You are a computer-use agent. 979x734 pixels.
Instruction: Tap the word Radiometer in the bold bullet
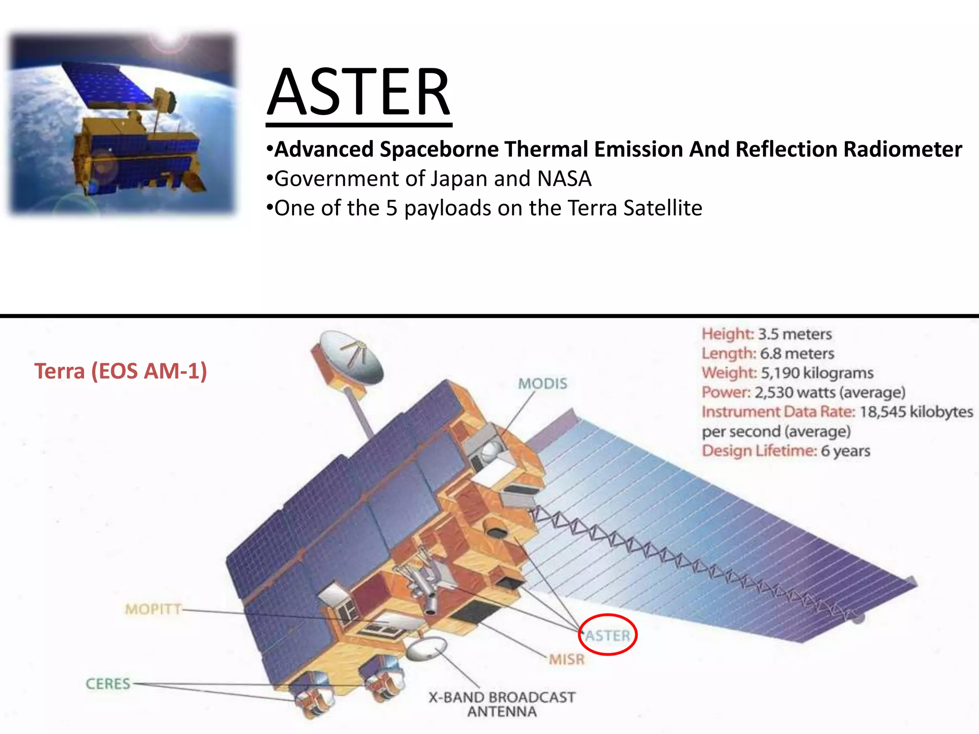[x=902, y=149]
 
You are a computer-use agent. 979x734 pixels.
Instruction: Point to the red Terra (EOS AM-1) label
[x=120, y=371]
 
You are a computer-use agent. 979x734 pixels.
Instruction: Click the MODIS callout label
[x=543, y=383]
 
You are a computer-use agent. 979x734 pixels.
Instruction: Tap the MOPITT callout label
[x=153, y=609]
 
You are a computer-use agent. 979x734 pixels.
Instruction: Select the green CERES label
[x=108, y=684]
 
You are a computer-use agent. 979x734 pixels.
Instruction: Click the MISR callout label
[x=566, y=659]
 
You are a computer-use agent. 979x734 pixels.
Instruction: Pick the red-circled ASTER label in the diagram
[x=608, y=636]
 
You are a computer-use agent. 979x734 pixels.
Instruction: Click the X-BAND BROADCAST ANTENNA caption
[x=502, y=704]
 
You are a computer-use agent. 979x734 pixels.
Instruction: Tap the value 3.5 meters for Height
[x=795, y=334]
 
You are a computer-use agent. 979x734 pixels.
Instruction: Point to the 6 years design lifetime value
[x=845, y=451]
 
